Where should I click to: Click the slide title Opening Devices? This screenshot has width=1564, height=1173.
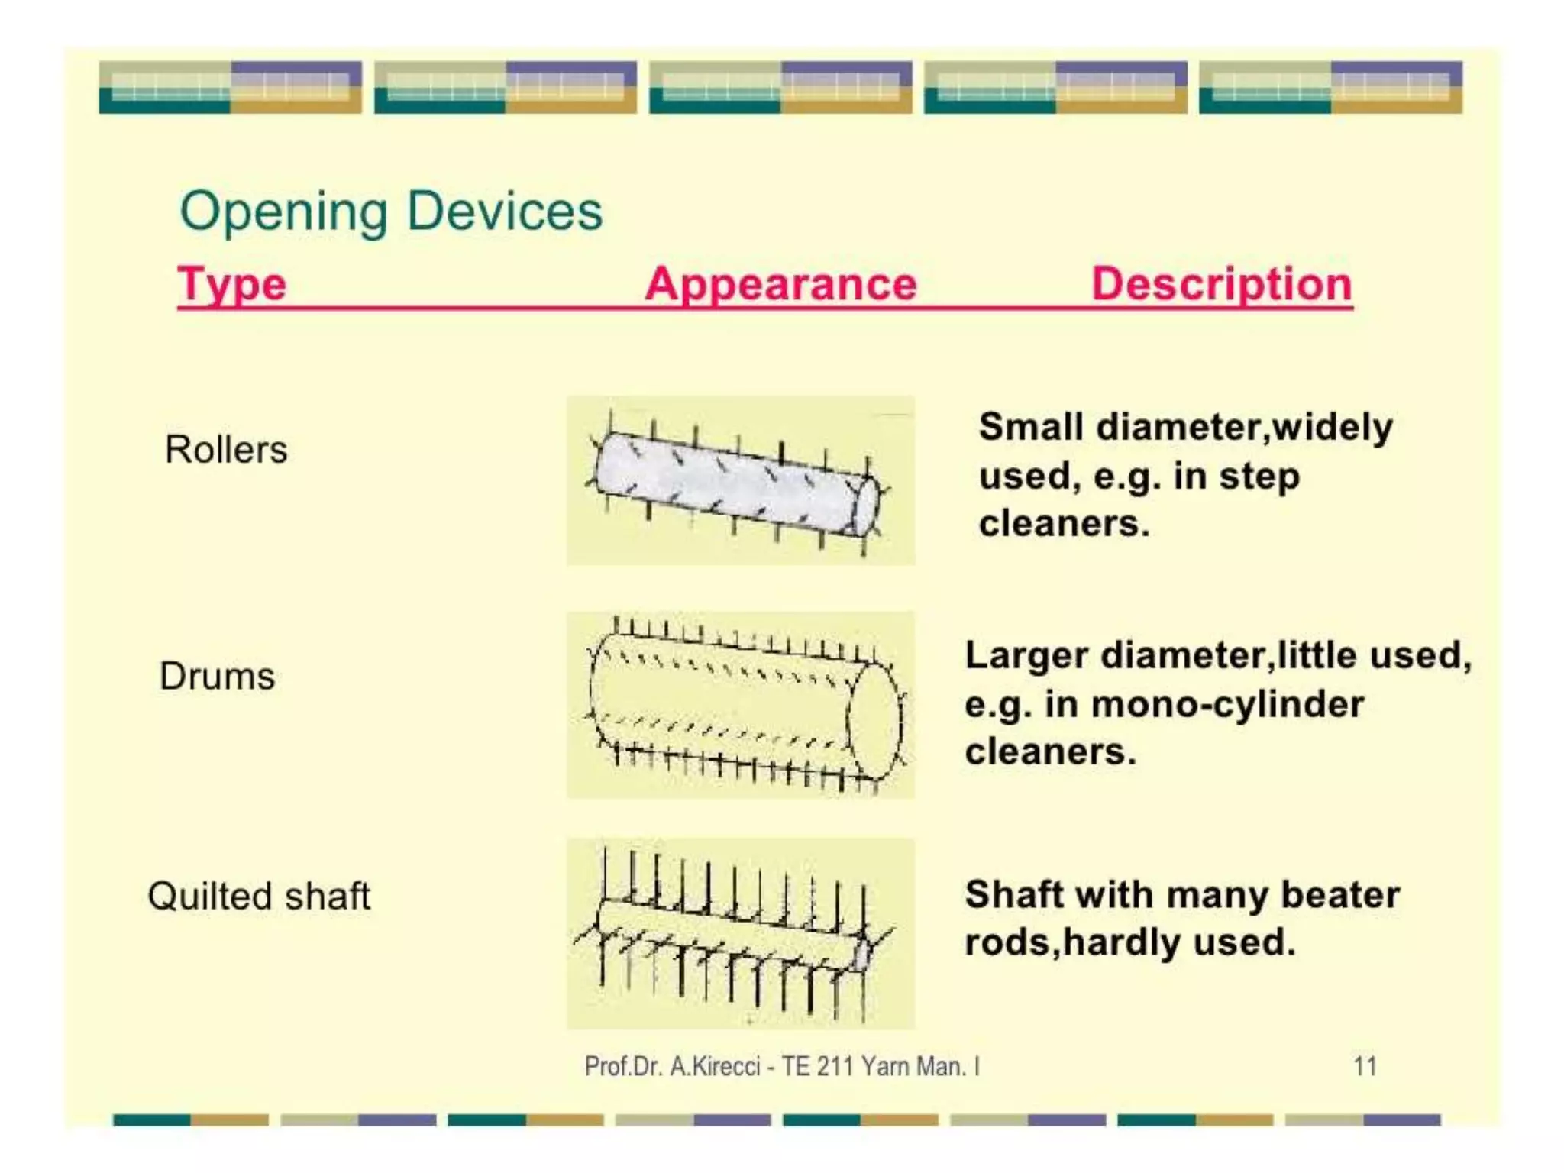(x=391, y=211)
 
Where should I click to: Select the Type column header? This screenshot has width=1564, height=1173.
(x=232, y=284)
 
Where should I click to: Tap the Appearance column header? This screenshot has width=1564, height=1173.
(x=780, y=284)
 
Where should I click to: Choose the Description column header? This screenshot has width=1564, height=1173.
(x=1222, y=284)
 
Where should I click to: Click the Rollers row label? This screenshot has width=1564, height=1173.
(x=226, y=449)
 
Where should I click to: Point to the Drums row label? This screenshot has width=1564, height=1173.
(x=217, y=676)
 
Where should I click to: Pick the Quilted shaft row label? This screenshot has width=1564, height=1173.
(x=258, y=896)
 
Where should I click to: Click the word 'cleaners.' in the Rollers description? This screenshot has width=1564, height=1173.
(x=1064, y=524)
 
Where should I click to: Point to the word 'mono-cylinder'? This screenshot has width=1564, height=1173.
(x=1227, y=704)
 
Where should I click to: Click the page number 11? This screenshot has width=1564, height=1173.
(x=1365, y=1066)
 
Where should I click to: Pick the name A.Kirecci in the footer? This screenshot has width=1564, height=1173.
(x=715, y=1066)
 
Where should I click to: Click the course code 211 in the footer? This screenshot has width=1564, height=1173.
(x=834, y=1066)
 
